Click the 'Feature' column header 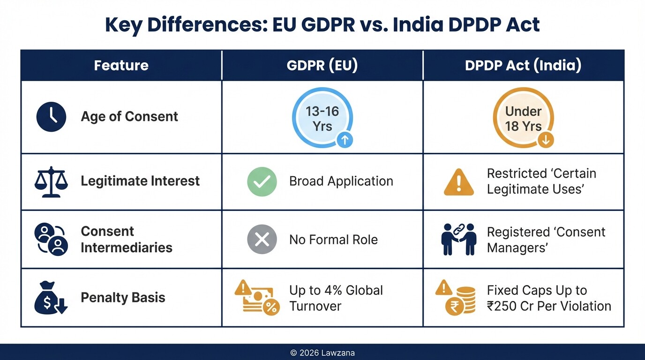coord(121,65)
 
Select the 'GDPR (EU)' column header coord(322,65)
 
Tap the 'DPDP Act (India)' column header coord(523,65)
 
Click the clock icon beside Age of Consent coord(51,117)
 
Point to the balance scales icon coord(51,181)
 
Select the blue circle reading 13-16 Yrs coord(322,118)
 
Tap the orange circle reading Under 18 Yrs coord(523,118)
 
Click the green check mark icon coord(262,181)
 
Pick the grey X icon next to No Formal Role coord(262,240)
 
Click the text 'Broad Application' coord(341,181)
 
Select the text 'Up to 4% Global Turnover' coord(336,298)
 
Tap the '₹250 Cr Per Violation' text coord(549,306)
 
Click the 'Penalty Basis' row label coord(123,298)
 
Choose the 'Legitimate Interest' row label coord(140,181)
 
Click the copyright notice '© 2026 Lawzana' coord(322,352)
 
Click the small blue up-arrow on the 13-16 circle coord(345,140)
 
